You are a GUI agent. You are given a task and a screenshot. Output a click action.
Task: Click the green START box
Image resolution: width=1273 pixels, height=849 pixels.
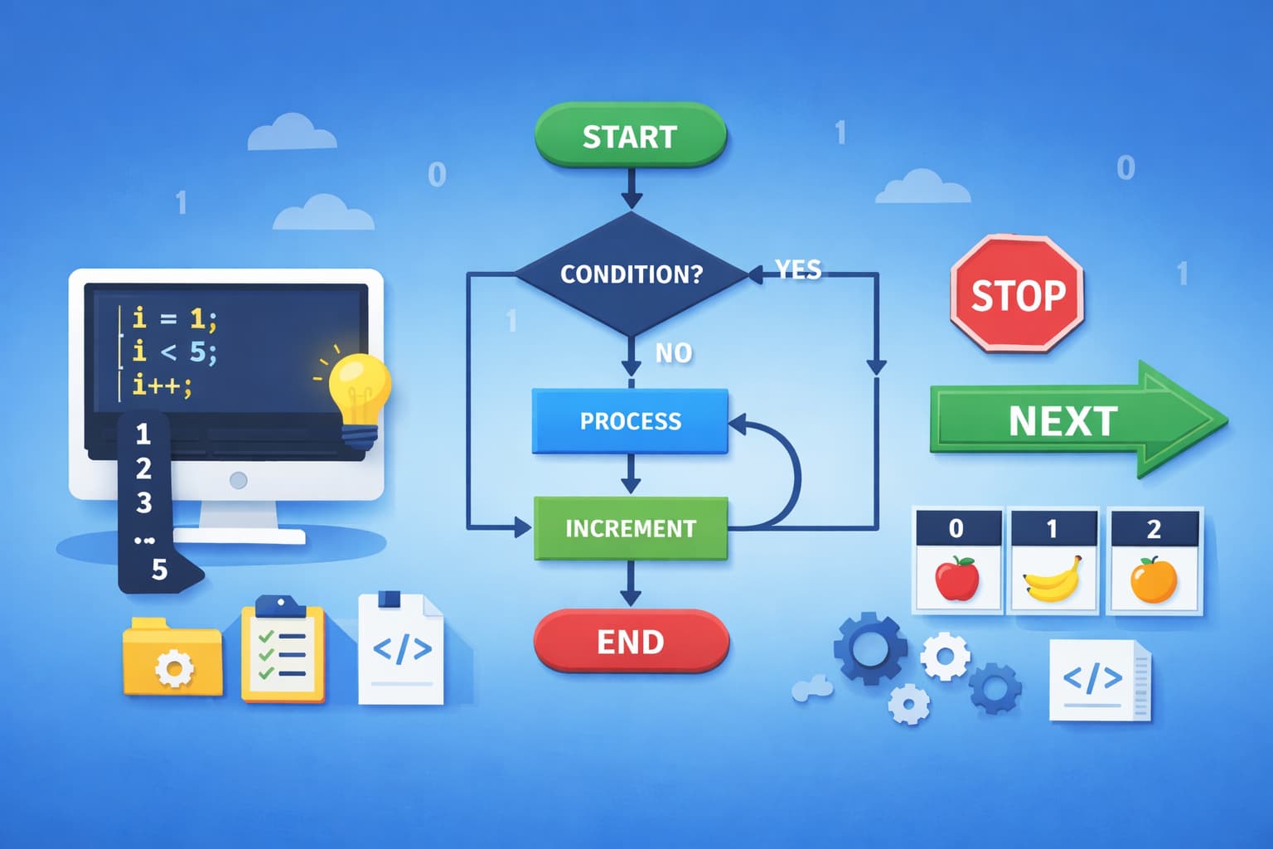click(630, 135)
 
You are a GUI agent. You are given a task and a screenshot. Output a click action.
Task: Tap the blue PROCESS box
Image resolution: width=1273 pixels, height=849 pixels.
click(630, 421)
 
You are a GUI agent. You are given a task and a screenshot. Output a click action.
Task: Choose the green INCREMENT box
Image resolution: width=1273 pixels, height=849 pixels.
click(630, 528)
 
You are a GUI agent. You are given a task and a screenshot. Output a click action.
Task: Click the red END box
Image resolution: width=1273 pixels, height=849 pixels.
click(631, 642)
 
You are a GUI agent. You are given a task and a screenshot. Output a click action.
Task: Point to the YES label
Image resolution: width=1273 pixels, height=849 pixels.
click(797, 269)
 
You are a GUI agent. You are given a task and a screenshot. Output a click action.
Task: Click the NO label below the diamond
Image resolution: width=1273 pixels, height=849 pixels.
click(673, 353)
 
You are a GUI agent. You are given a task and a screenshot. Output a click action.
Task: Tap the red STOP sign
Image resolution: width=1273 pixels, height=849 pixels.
click(1018, 294)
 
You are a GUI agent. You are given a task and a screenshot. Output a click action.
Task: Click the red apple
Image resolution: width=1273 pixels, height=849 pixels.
click(956, 578)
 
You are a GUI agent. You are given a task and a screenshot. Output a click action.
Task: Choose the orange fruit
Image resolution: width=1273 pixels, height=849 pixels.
click(1154, 580)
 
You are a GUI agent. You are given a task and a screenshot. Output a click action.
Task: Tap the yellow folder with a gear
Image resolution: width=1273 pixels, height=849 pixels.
click(173, 658)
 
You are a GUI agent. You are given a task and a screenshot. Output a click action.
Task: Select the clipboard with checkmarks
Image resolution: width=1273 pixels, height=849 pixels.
click(282, 650)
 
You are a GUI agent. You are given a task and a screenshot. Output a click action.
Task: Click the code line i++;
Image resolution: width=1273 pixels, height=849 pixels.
click(162, 385)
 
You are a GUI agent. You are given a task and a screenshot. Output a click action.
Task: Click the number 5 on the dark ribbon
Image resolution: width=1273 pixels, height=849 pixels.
click(159, 570)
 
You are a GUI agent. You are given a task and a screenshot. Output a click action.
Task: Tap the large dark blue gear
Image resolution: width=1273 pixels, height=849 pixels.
click(869, 648)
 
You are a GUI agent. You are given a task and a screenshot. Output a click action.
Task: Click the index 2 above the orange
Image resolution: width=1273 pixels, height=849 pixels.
click(1154, 529)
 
